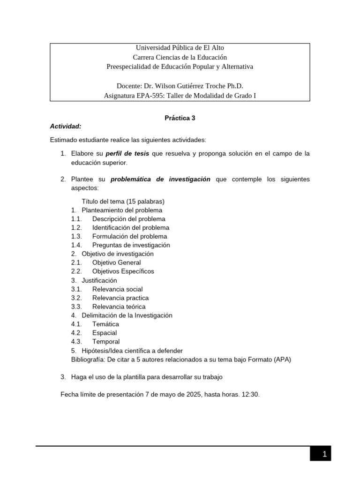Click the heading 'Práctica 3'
(180, 118)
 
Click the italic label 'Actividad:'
(66, 127)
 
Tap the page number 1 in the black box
(323, 454)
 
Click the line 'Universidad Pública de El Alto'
(180, 48)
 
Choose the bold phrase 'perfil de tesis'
(127, 154)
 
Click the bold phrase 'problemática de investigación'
(160, 180)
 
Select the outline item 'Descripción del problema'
(128, 219)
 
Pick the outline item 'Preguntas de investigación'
(131, 245)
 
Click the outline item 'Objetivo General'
(116, 262)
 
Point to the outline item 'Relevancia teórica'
(119, 307)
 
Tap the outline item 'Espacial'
(105, 333)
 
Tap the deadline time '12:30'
(250, 395)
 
